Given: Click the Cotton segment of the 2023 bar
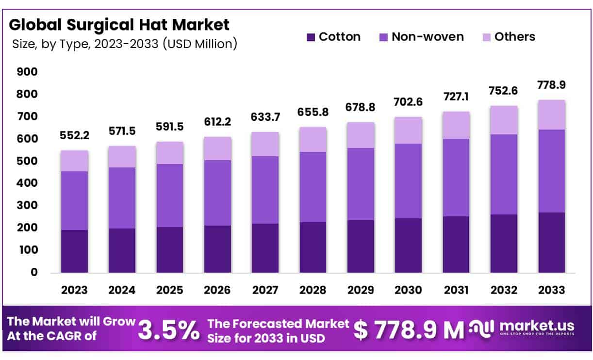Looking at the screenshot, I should point(74,251).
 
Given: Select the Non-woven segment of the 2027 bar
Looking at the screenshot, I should point(265,190).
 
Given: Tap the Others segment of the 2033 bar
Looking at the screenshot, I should point(551,115).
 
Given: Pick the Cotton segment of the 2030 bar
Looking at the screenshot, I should point(408,245).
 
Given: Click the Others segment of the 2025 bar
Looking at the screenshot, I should point(170,152).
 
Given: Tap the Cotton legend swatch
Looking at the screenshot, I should point(311,37).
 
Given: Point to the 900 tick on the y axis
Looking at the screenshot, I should point(27,72).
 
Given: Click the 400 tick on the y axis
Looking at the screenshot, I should point(27,183).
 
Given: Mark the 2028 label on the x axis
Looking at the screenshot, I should point(313,290).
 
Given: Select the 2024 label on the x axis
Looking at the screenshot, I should point(122,290).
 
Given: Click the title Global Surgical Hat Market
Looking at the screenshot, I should point(119,24).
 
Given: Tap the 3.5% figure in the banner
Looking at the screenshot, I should point(168,330).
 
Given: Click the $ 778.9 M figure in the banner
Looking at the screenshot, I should point(409,330).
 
